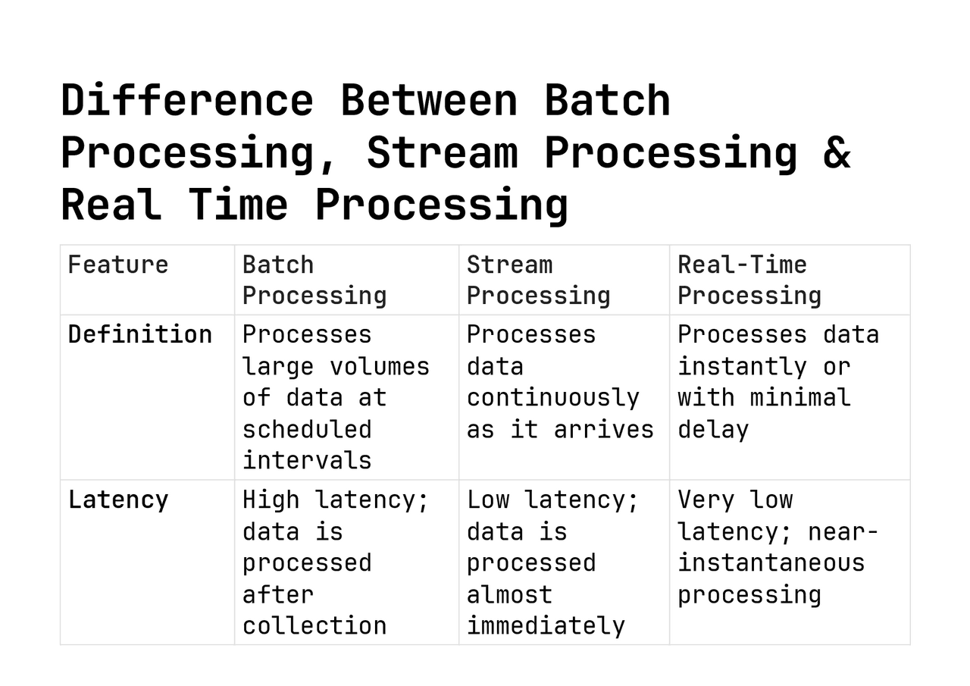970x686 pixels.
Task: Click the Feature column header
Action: click(x=118, y=265)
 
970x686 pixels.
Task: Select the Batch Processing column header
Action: click(x=314, y=280)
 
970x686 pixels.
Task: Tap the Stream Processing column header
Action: click(x=538, y=280)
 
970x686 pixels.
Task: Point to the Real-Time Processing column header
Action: click(x=749, y=280)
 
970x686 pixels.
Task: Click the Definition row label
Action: click(x=140, y=334)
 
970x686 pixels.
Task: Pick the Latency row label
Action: click(x=118, y=500)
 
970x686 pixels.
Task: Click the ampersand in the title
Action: click(x=836, y=152)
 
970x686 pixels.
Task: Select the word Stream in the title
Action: click(x=442, y=152)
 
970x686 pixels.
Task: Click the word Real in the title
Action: click(x=111, y=205)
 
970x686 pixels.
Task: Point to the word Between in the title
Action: click(x=429, y=100)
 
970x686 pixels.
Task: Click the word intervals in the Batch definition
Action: click(x=307, y=460)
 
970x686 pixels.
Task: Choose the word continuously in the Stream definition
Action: click(x=552, y=397)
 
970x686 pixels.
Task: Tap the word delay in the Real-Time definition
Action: click(x=712, y=429)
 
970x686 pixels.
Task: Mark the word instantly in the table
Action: click(x=742, y=366)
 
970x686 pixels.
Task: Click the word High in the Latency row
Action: click(x=271, y=500)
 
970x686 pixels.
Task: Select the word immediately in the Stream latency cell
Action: click(x=546, y=625)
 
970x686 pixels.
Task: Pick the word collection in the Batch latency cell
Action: click(x=314, y=625)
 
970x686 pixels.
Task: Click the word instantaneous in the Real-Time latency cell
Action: click(x=771, y=562)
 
